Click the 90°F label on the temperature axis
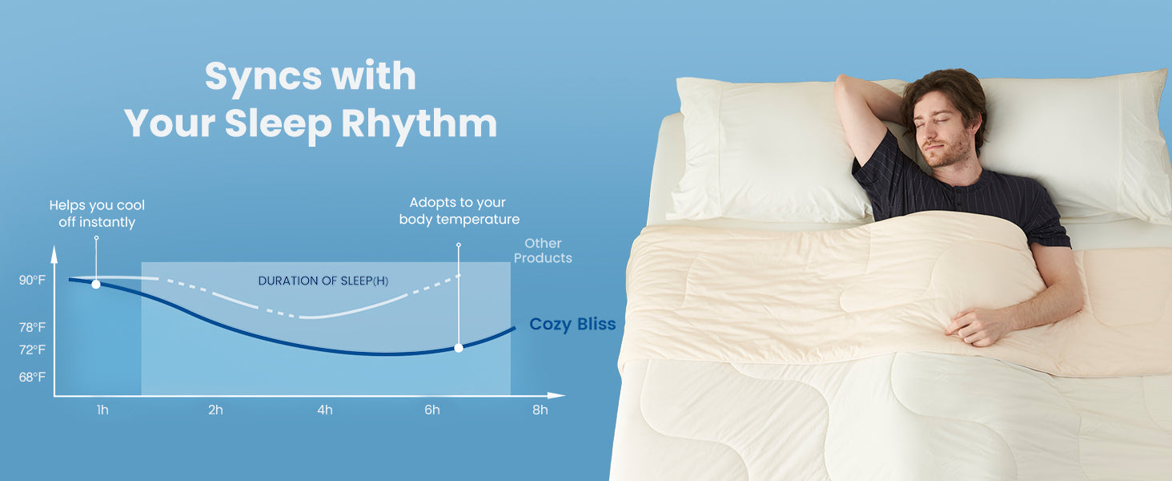(32, 280)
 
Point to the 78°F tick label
(32, 327)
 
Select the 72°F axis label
(32, 350)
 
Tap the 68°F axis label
(32, 377)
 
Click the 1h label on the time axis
(102, 410)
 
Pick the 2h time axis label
(215, 410)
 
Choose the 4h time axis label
(325, 410)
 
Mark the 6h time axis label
(432, 410)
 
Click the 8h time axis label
(540, 410)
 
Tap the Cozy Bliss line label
(572, 325)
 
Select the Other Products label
(543, 250)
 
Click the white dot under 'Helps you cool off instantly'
(96, 284)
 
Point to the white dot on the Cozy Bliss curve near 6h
(459, 348)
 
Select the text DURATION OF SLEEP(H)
(323, 281)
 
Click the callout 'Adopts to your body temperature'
(460, 211)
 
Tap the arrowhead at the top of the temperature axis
(54, 254)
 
